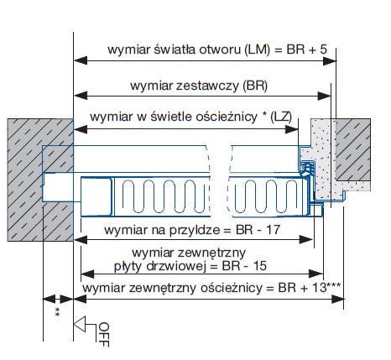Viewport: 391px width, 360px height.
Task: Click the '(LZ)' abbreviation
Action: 281,117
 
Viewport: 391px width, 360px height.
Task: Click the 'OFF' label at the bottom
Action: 103,332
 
